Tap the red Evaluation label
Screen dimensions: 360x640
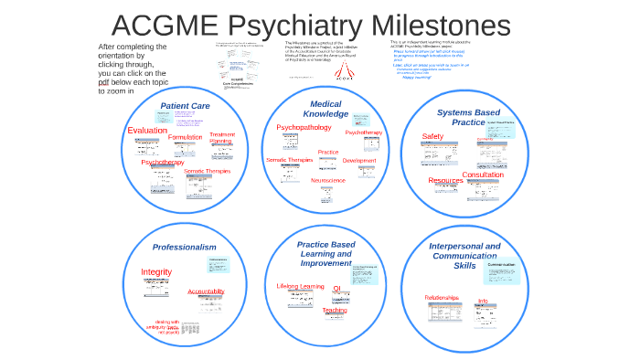click(x=147, y=131)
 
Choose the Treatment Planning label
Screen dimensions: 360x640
click(x=222, y=138)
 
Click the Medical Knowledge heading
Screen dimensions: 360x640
click(x=325, y=109)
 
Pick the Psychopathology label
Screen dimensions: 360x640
click(x=304, y=127)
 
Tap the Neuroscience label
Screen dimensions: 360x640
click(x=328, y=180)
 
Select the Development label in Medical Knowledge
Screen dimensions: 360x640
click(x=359, y=161)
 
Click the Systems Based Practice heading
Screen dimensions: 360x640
click(x=467, y=117)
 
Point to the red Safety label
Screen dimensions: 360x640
click(x=432, y=137)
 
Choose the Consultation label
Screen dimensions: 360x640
click(x=482, y=175)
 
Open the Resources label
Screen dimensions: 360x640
click(x=445, y=181)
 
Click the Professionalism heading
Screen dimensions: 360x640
click(x=184, y=247)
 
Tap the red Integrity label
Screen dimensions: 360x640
click(x=156, y=272)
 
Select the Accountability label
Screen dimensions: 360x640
click(x=206, y=291)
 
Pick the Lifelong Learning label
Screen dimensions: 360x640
click(x=300, y=286)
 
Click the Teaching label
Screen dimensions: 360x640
click(x=335, y=310)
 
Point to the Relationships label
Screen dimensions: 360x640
click(x=443, y=298)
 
